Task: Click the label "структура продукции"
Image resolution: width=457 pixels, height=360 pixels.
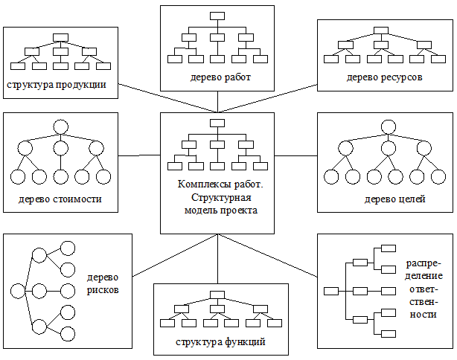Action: click(57, 84)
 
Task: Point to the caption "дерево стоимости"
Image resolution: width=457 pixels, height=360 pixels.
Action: click(60, 199)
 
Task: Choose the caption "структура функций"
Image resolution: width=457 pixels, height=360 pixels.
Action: click(220, 342)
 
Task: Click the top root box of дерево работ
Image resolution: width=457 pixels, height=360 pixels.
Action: click(217, 16)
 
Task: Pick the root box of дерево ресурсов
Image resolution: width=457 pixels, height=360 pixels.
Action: click(382, 31)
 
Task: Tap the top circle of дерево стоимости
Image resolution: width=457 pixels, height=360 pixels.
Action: click(60, 126)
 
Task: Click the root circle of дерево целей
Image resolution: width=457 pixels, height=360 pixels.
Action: click(387, 127)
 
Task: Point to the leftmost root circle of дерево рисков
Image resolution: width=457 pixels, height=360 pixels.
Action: click(16, 290)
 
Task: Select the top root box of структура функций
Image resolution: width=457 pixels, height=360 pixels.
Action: click(218, 293)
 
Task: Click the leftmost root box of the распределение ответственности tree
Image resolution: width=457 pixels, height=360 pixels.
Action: click(332, 290)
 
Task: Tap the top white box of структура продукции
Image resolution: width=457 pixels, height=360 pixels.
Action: click(61, 36)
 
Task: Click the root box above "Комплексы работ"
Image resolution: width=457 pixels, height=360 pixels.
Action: click(217, 123)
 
